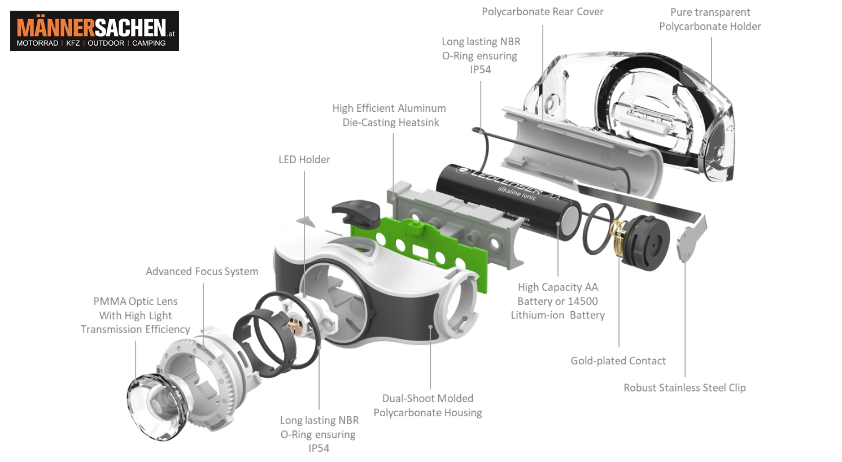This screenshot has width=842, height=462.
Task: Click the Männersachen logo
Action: tap(94, 30)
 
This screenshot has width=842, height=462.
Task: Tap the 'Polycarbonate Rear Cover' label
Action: tap(542, 12)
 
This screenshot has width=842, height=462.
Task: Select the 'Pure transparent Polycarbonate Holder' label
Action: tap(710, 19)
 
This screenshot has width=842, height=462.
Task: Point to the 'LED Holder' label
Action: tap(304, 160)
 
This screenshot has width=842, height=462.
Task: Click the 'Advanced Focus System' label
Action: tap(202, 272)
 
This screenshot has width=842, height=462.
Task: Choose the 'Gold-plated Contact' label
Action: tap(618, 361)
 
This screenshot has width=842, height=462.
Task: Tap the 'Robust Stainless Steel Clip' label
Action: tap(684, 388)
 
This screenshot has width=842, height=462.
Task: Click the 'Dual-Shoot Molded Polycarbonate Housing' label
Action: tap(427, 406)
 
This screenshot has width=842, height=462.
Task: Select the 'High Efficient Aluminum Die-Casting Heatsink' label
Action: tap(389, 115)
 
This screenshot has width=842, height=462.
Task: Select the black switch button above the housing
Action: tap(354, 212)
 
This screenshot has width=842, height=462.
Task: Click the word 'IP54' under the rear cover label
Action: tap(480, 69)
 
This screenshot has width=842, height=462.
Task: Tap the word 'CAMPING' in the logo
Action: tap(149, 43)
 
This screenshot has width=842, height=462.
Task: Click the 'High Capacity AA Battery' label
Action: tap(557, 301)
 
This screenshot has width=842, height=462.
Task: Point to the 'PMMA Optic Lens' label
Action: tap(136, 315)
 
